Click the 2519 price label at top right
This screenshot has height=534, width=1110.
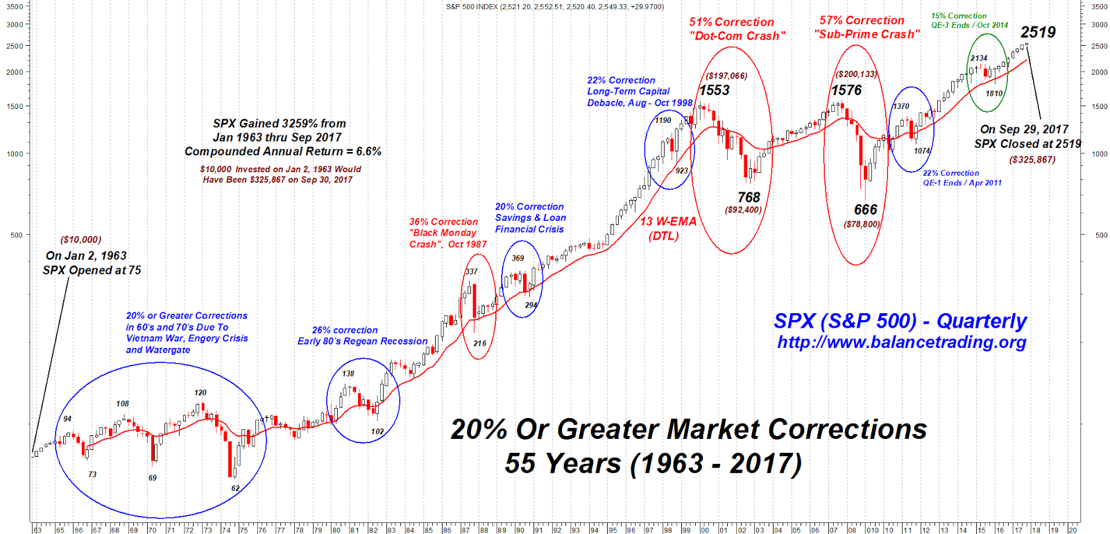[1038, 32]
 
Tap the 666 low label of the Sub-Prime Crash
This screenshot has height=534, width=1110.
[865, 210]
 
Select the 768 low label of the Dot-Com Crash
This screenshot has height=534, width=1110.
[749, 198]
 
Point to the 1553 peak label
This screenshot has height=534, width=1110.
[715, 90]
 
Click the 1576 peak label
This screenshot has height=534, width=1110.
[846, 90]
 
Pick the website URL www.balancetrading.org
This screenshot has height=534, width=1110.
[902, 342]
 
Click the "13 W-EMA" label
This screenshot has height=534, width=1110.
[667, 222]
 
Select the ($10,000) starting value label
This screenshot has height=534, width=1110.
[80, 240]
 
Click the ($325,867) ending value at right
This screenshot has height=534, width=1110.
[1032, 160]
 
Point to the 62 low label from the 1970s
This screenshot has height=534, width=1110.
[235, 488]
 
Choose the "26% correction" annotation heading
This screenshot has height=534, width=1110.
[345, 331]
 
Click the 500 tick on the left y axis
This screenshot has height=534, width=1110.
[17, 235]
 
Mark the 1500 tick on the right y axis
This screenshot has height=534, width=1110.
[1100, 106]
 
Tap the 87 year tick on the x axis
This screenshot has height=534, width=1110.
[466, 530]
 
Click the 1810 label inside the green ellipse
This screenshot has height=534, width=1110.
[994, 93]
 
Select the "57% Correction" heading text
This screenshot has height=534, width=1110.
[862, 21]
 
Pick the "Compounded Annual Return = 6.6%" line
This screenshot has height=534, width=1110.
[282, 151]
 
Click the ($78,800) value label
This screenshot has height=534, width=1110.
[862, 224]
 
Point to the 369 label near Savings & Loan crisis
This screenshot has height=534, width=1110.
[518, 258]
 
